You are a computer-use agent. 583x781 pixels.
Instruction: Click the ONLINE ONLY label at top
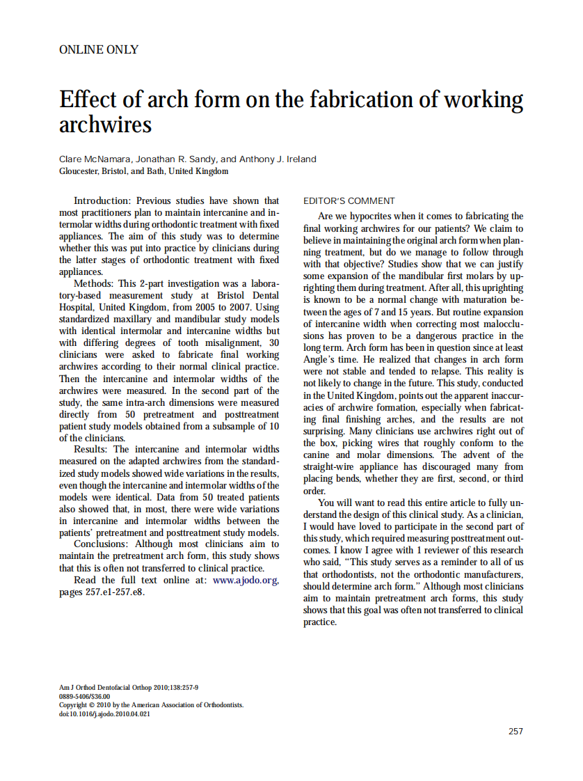coord(99,49)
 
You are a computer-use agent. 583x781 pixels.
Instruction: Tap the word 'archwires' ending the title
coord(105,125)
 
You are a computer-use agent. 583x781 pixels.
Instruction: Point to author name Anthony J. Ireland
coord(278,159)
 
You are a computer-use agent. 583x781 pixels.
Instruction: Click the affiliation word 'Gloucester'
coord(79,171)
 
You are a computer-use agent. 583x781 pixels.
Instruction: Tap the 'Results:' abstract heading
coord(93,450)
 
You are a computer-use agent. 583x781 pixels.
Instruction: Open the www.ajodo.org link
coord(245,580)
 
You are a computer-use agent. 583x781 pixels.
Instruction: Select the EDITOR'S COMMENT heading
coord(349,201)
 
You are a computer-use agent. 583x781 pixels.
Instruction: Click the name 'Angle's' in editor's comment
coord(321,359)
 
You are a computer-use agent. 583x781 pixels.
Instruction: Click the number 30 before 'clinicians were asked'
coord(273,343)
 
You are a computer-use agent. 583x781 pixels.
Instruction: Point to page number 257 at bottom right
coord(516,731)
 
